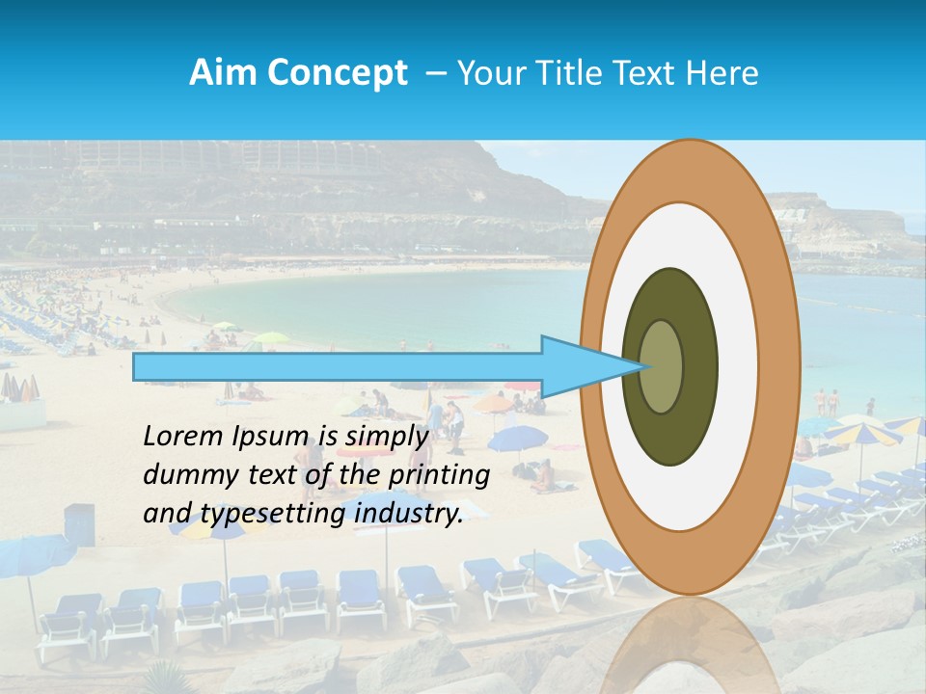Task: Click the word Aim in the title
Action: pyautogui.click(x=217, y=73)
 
